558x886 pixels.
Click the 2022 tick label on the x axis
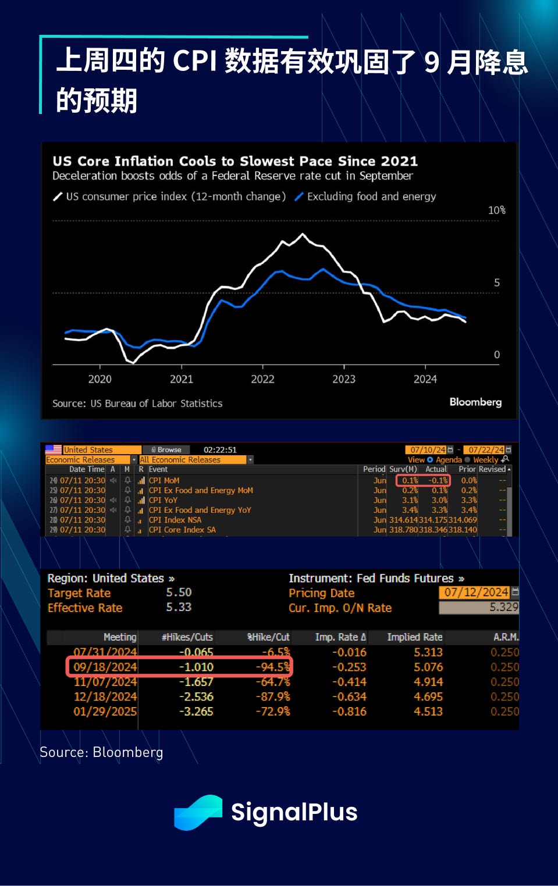click(262, 379)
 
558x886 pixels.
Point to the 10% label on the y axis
click(496, 210)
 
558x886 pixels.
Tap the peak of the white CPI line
click(303, 234)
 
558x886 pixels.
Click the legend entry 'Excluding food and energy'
click(371, 197)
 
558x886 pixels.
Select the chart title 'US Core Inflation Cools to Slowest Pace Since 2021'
click(235, 161)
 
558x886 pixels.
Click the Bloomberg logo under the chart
click(475, 402)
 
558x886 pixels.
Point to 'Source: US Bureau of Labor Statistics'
click(137, 403)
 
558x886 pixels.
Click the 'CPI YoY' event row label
click(163, 500)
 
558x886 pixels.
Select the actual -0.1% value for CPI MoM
click(438, 481)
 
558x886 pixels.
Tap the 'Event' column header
click(158, 469)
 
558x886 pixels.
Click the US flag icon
click(54, 449)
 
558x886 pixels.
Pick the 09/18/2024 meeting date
click(105, 667)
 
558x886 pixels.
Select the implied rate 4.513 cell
click(428, 712)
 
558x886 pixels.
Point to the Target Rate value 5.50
click(179, 592)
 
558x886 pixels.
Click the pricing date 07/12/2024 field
click(476, 592)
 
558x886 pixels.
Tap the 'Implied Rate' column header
click(415, 637)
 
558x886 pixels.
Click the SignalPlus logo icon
click(198, 812)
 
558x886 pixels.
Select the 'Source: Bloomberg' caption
click(101, 752)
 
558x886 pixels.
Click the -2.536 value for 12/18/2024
click(196, 696)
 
